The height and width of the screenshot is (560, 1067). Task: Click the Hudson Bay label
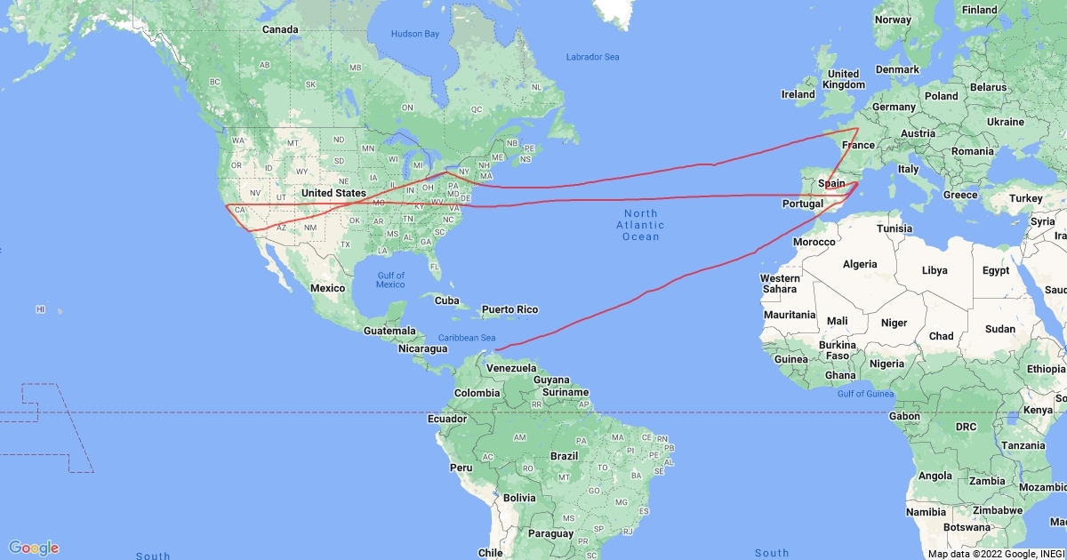415,34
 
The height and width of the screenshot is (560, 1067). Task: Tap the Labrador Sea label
592,57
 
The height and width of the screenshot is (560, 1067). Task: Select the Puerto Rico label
509,309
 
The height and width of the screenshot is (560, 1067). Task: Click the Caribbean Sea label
467,338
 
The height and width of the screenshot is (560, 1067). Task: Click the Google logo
34,548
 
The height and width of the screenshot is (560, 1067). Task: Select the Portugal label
801,204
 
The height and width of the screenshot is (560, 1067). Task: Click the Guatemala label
389,331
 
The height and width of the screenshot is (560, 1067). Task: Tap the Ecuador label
446,419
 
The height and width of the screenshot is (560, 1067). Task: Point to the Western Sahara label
780,284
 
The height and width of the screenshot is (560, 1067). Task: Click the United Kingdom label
843,79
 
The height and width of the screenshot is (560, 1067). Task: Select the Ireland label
798,94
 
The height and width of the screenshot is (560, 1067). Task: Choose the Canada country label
279,29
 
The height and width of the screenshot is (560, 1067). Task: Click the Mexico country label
327,288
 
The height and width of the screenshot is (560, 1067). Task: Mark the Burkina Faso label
838,350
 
